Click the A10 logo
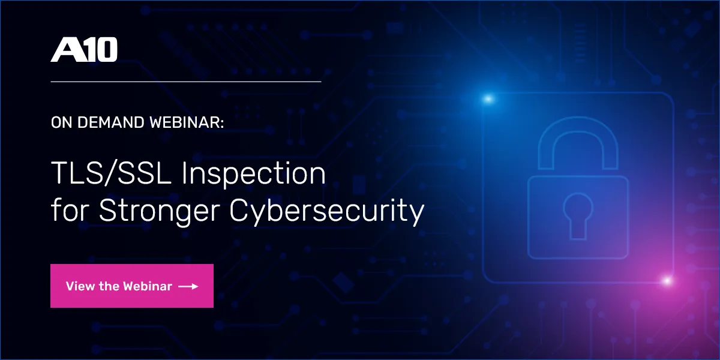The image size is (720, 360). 84,50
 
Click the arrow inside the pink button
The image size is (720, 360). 188,286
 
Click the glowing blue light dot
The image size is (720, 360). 488,98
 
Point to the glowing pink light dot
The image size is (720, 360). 665,280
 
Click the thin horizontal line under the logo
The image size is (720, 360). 186,81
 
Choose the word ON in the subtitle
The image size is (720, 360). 60,123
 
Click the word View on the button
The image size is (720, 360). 79,286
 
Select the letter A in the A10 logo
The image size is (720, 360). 65,50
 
